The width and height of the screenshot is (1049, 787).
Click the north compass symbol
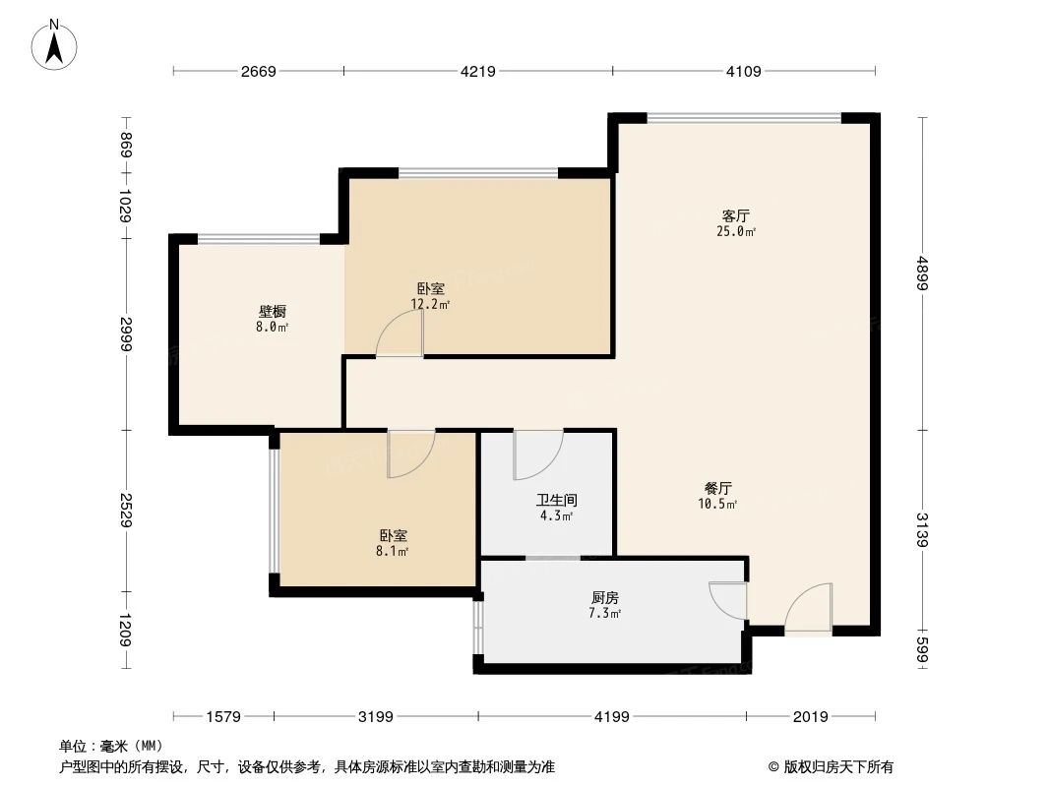click(x=56, y=45)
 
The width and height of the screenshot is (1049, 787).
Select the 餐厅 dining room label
click(x=718, y=488)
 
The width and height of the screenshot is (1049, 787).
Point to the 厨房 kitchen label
click(x=605, y=598)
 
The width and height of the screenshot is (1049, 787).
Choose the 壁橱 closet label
click(x=272, y=312)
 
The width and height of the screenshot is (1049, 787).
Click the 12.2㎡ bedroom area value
click(x=431, y=305)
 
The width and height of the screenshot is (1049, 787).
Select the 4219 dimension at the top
click(x=477, y=71)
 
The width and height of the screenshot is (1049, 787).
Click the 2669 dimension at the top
click(x=258, y=71)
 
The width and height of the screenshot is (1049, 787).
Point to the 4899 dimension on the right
click(x=922, y=272)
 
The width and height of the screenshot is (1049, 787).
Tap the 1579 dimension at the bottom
click(x=223, y=717)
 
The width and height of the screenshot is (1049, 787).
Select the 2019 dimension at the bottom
click(x=810, y=717)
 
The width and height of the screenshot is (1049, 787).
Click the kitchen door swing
click(x=728, y=600)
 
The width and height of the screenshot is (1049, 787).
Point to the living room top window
click(x=744, y=118)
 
